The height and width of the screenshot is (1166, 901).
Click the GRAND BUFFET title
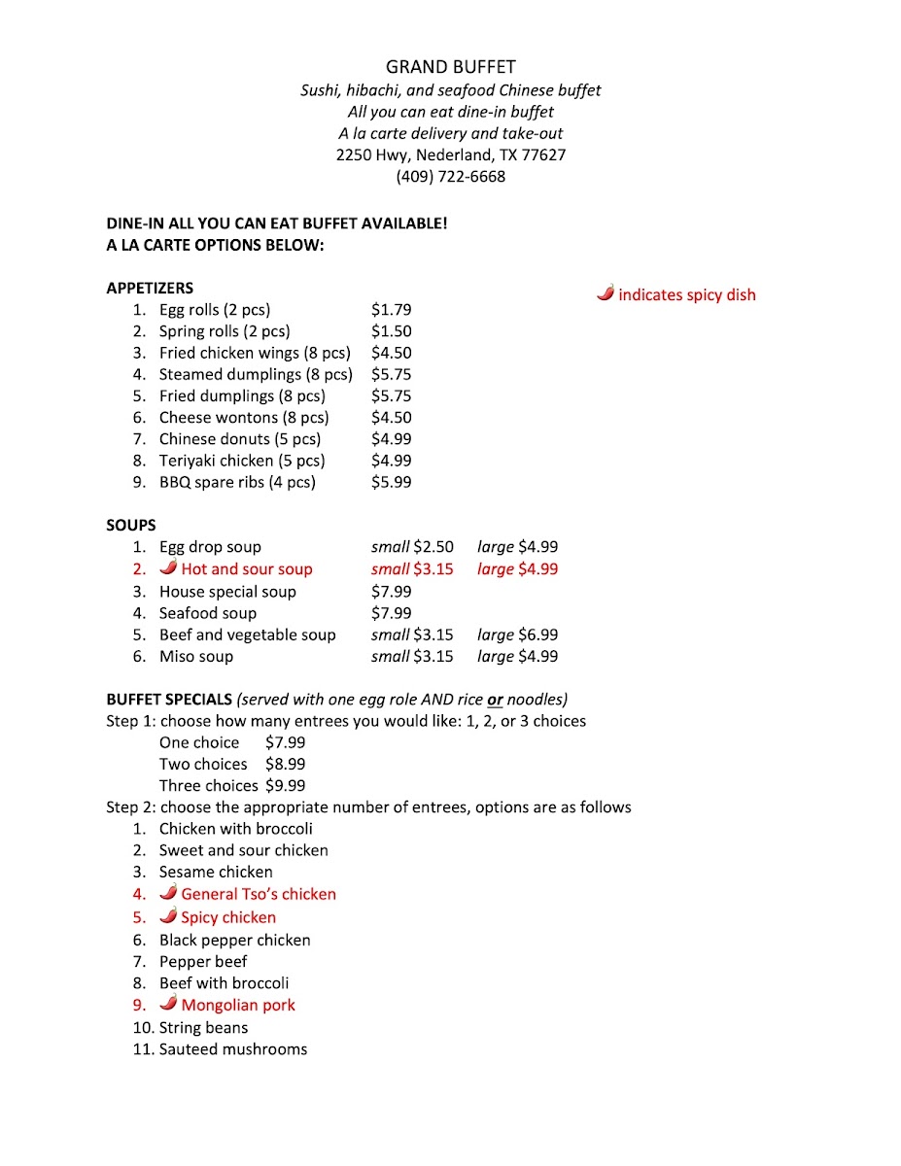(x=450, y=67)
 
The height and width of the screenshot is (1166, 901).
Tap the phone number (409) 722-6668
(x=450, y=177)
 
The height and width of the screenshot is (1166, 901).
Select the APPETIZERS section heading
(x=150, y=288)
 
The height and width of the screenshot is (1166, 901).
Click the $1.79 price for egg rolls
(x=391, y=310)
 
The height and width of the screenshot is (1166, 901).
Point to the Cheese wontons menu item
(x=244, y=418)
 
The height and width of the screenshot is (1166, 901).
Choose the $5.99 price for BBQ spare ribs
(x=391, y=483)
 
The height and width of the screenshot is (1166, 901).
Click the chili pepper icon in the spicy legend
(x=606, y=293)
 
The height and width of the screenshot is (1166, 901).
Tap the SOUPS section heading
(x=131, y=526)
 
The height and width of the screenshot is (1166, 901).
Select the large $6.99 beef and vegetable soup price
(x=517, y=635)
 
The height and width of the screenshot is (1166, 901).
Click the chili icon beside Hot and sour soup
(x=168, y=568)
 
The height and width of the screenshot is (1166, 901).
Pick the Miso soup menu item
(x=196, y=657)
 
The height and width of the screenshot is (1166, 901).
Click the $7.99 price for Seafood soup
(x=391, y=613)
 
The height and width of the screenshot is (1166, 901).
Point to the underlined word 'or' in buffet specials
(x=495, y=700)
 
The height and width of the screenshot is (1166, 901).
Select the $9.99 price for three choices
(x=285, y=786)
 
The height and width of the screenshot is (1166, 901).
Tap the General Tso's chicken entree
(x=259, y=894)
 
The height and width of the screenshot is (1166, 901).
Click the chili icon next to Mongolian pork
(x=168, y=1005)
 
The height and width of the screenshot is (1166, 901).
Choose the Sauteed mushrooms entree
(x=233, y=1049)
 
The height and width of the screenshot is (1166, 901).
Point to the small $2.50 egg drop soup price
(x=412, y=547)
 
